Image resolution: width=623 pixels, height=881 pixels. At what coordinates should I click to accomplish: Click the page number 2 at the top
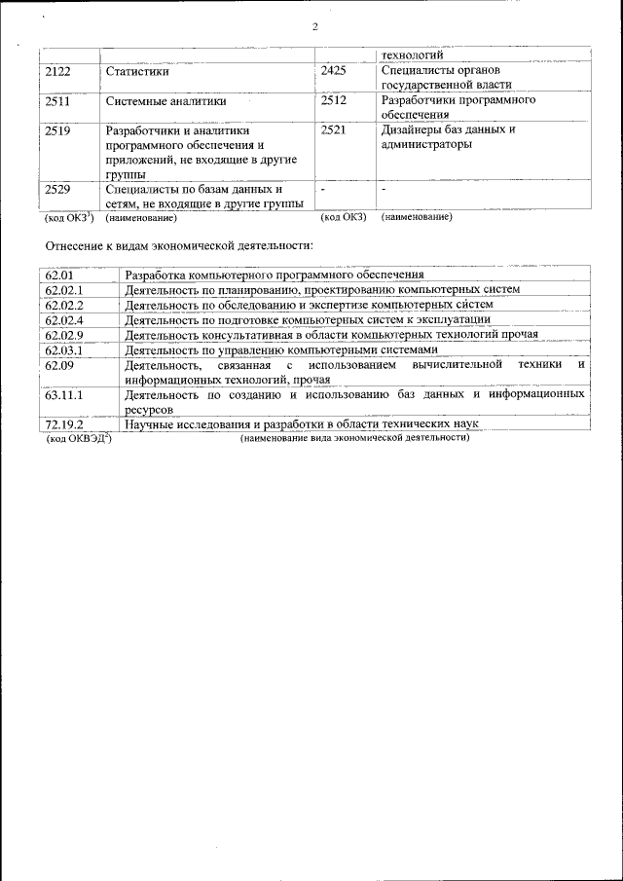314,26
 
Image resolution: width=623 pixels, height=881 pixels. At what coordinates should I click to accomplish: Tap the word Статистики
138,72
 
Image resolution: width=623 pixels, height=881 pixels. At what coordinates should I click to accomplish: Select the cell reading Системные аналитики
165,100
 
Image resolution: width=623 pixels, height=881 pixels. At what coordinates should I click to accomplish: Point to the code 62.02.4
65,319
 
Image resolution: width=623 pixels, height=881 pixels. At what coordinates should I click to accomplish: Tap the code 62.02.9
65,334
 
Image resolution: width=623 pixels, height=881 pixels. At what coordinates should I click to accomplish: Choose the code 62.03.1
65,349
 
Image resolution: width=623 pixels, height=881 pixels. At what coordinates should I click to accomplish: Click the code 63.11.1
65,395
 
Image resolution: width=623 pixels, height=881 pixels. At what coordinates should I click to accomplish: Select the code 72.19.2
65,425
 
